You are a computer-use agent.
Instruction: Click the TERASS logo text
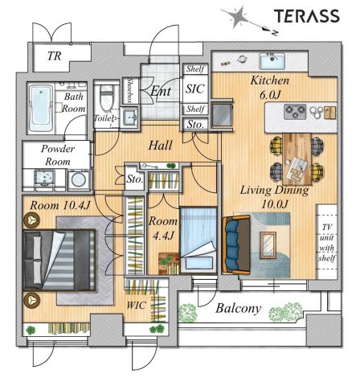coord(307,16)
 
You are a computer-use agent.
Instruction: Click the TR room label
coord(55,56)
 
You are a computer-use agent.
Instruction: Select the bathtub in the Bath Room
coord(41,109)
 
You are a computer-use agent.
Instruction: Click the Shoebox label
coord(130,90)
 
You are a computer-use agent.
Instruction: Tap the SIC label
coord(195,89)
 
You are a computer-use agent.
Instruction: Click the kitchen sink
coord(272,61)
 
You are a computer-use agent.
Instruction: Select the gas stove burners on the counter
coord(295,112)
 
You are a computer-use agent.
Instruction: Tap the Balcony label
coord(238,309)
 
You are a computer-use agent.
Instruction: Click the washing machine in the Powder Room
coord(79,179)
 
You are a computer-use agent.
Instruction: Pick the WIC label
coord(136,306)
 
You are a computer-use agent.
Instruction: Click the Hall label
coord(160,146)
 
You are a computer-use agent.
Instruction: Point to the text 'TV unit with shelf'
coord(327,243)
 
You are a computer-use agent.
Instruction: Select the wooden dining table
coord(297,159)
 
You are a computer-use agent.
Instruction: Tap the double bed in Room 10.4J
coord(59,260)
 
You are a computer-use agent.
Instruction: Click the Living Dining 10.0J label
coord(274,197)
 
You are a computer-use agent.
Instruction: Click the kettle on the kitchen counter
coord(242,59)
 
